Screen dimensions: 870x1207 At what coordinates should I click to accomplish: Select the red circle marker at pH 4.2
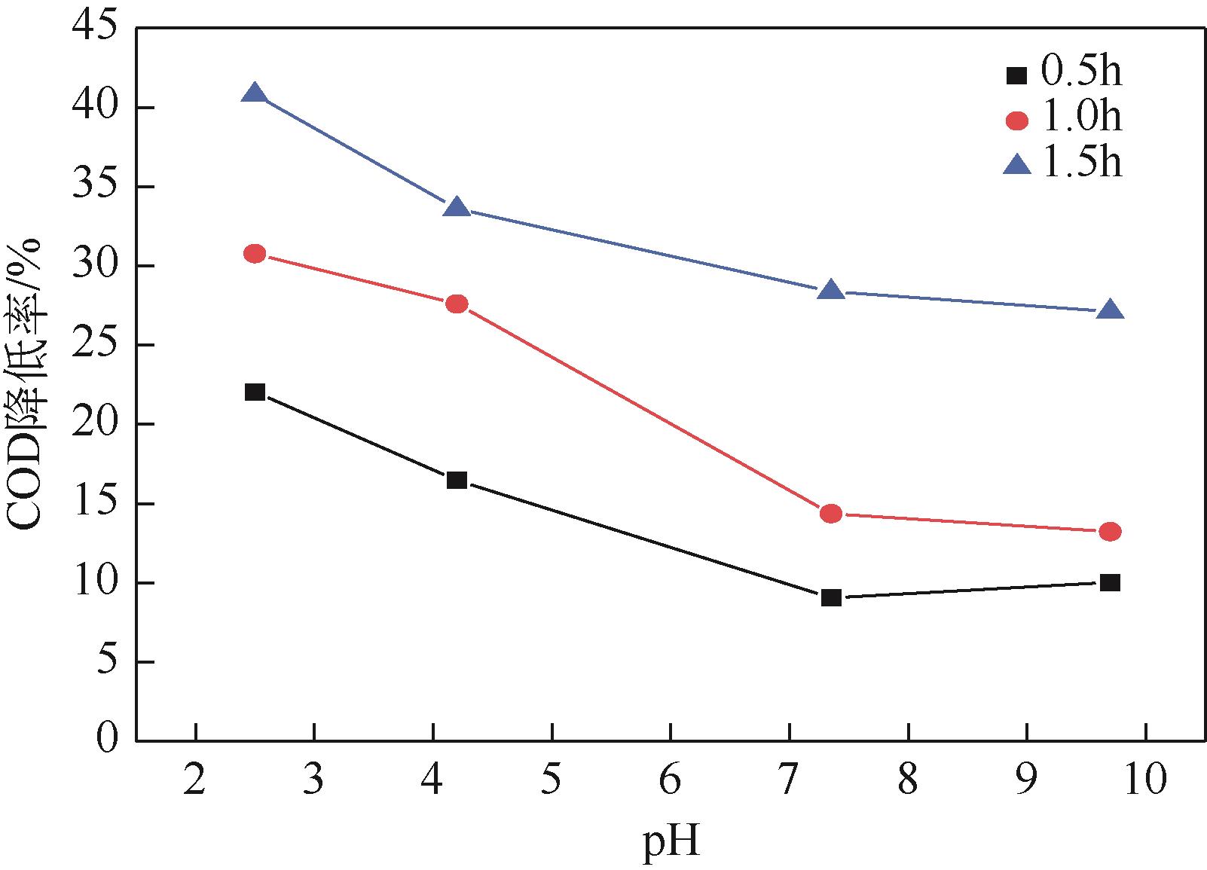(x=457, y=304)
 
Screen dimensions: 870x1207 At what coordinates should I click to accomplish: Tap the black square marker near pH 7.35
(x=831, y=597)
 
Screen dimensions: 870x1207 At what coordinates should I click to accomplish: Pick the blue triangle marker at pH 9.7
(x=1110, y=310)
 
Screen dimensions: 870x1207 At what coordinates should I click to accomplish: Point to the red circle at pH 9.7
(x=1110, y=532)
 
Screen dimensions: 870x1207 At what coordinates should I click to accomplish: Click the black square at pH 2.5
(x=255, y=392)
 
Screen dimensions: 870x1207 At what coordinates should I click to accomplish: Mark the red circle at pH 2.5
(x=255, y=254)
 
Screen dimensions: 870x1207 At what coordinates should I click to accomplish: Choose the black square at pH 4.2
(x=457, y=480)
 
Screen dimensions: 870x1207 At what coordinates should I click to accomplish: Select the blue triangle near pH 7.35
(x=831, y=290)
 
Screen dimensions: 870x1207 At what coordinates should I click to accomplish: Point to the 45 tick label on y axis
(x=96, y=29)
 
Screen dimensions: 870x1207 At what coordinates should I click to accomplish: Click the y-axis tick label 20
(x=96, y=425)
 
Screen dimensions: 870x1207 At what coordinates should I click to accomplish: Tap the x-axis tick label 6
(x=670, y=780)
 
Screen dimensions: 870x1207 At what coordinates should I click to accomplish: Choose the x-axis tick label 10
(x=1144, y=780)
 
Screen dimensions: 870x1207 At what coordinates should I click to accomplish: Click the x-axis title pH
(x=671, y=843)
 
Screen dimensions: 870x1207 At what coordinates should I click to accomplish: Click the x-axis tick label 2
(x=195, y=780)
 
